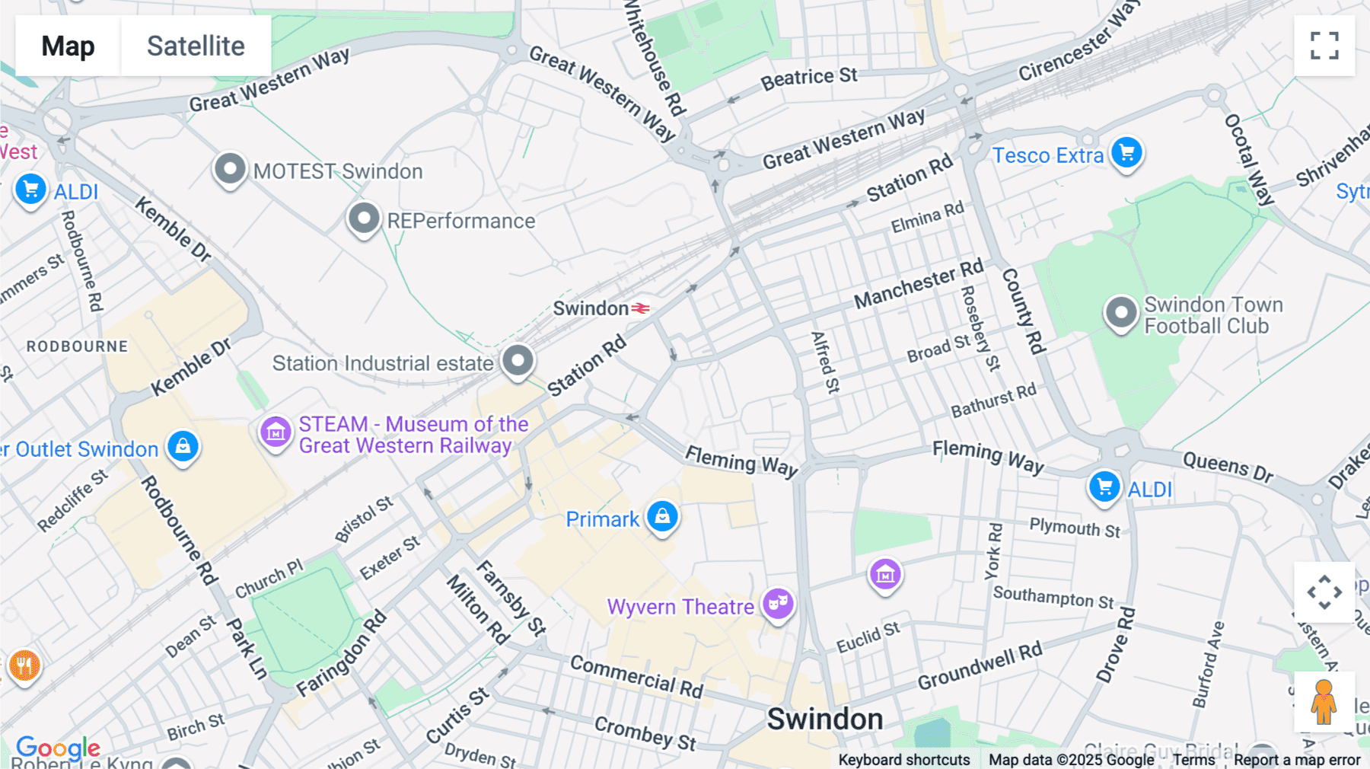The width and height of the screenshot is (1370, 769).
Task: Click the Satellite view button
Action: pyautogui.click(x=196, y=46)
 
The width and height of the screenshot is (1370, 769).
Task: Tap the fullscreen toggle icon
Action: pyautogui.click(x=1324, y=46)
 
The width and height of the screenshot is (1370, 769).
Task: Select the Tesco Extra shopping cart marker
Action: pyautogui.click(x=1126, y=153)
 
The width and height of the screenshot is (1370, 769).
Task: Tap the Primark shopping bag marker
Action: pyautogui.click(x=662, y=517)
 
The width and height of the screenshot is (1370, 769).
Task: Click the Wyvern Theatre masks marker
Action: pyautogui.click(x=778, y=604)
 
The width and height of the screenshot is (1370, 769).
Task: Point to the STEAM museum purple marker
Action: pyautogui.click(x=276, y=432)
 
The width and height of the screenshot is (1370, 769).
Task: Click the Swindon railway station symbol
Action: pyautogui.click(x=641, y=308)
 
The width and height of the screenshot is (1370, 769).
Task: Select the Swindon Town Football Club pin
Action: pyautogui.click(x=1120, y=313)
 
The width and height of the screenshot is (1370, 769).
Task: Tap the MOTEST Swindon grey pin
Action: pyautogui.click(x=230, y=168)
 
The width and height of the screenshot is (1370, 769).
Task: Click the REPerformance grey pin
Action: pyautogui.click(x=364, y=219)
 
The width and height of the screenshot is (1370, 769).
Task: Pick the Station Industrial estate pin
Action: pyautogui.click(x=518, y=359)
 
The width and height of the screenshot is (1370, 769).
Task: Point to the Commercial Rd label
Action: pyautogui.click(x=636, y=676)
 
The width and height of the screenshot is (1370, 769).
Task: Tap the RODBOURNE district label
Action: pyautogui.click(x=77, y=346)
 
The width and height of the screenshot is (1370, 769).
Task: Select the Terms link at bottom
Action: pyautogui.click(x=1193, y=760)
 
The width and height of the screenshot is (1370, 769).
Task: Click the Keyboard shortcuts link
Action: pyautogui.click(x=903, y=760)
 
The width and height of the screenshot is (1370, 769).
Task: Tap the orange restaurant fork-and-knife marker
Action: pyautogui.click(x=24, y=665)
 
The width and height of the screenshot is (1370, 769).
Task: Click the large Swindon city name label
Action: pyautogui.click(x=824, y=719)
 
